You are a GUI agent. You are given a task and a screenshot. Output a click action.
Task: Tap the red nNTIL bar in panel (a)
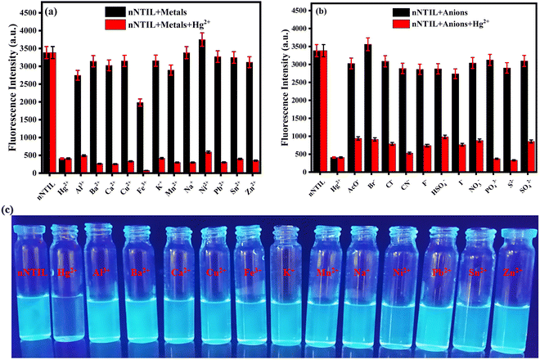click(53, 113)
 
